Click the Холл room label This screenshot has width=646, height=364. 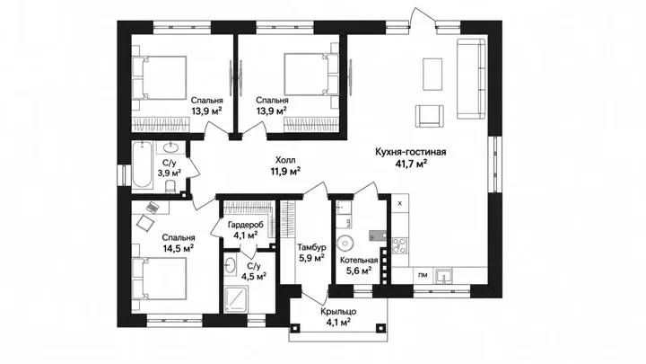(x=285, y=160)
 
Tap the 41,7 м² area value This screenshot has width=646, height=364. (x=410, y=164)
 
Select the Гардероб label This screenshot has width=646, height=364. (x=242, y=225)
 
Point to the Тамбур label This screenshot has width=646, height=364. (x=312, y=247)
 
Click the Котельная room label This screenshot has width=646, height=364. (x=358, y=261)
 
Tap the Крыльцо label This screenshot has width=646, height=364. (x=338, y=312)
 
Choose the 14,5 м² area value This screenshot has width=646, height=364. (x=179, y=249)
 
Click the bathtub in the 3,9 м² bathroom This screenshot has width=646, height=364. (x=142, y=164)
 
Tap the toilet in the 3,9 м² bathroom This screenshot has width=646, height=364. (x=170, y=186)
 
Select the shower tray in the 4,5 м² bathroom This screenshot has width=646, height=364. (x=237, y=299)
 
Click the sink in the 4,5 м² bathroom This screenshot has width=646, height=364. (x=231, y=265)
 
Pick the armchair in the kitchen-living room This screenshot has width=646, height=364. (x=430, y=116)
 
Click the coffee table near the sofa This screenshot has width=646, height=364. (x=432, y=75)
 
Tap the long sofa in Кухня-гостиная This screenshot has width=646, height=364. (x=471, y=79)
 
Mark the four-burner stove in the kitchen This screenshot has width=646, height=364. (x=399, y=245)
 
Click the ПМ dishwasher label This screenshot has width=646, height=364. (x=423, y=275)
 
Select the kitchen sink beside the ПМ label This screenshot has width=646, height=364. (x=444, y=276)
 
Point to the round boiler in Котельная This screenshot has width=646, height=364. (x=345, y=243)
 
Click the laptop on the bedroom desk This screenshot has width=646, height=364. (x=153, y=207)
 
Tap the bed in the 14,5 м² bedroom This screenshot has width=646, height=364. (x=159, y=279)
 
